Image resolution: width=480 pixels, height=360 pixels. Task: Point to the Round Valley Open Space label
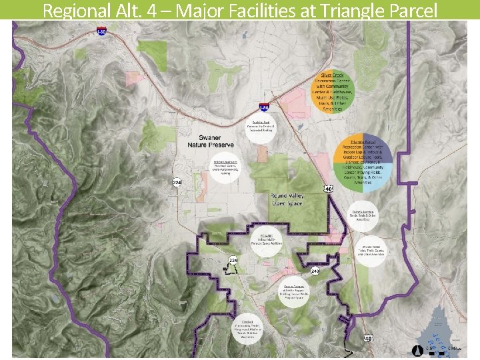287,199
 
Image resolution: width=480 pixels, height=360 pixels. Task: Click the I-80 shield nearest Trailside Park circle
264,108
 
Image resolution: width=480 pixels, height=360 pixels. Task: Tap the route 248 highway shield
315,272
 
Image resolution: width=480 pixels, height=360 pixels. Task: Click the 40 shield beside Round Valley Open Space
328,189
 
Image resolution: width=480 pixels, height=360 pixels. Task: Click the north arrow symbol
417,349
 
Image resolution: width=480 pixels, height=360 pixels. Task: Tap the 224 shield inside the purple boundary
233,259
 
